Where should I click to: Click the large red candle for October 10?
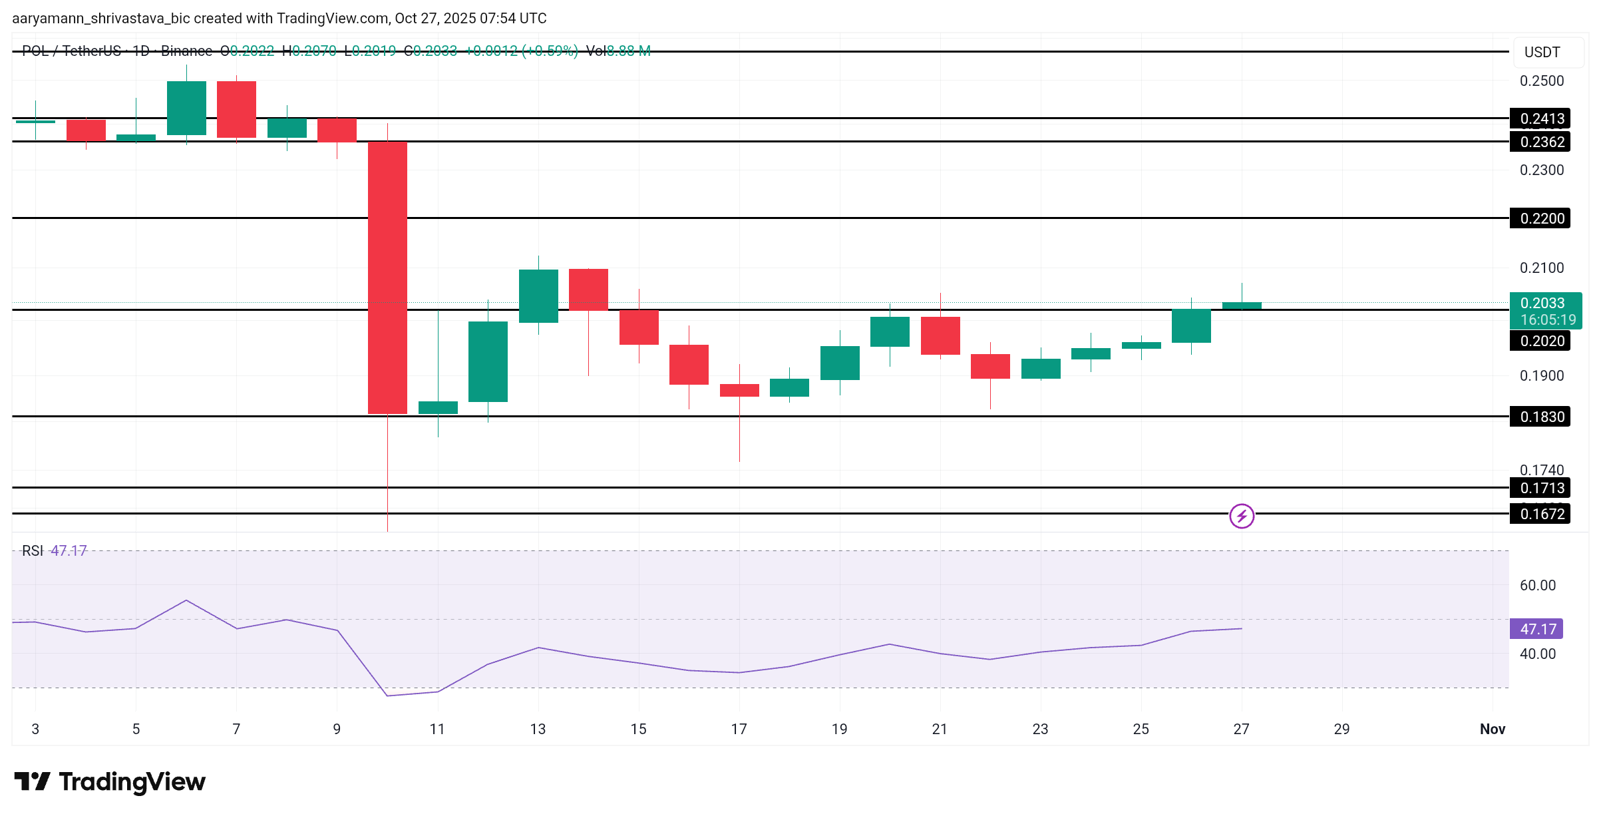pyautogui.click(x=387, y=278)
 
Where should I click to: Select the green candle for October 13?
pyautogui.click(x=538, y=296)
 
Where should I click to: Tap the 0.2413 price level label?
pyautogui.click(x=1540, y=118)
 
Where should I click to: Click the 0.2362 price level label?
pyautogui.click(x=1540, y=142)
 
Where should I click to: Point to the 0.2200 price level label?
pyautogui.click(x=1540, y=218)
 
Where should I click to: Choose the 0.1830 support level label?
pyautogui.click(x=1540, y=417)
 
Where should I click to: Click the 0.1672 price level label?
pyautogui.click(x=1540, y=514)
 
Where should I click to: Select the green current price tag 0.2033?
pyautogui.click(x=1544, y=310)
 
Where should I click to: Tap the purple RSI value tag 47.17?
pyautogui.click(x=1536, y=629)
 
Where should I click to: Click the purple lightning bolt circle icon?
pyautogui.click(x=1242, y=516)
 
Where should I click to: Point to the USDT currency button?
pyautogui.click(x=1542, y=52)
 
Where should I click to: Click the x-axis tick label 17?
pyautogui.click(x=739, y=729)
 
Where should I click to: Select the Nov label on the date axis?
pyautogui.click(x=1492, y=729)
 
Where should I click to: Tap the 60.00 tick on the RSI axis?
pyautogui.click(x=1537, y=585)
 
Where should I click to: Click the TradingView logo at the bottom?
pyautogui.click(x=110, y=781)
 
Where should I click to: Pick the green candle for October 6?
pyautogui.click(x=186, y=108)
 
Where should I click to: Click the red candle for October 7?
pyautogui.click(x=236, y=109)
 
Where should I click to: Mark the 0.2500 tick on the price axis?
pyautogui.click(x=1541, y=81)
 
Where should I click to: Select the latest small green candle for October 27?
pyautogui.click(x=1242, y=306)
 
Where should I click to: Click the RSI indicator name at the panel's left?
pyautogui.click(x=32, y=550)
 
